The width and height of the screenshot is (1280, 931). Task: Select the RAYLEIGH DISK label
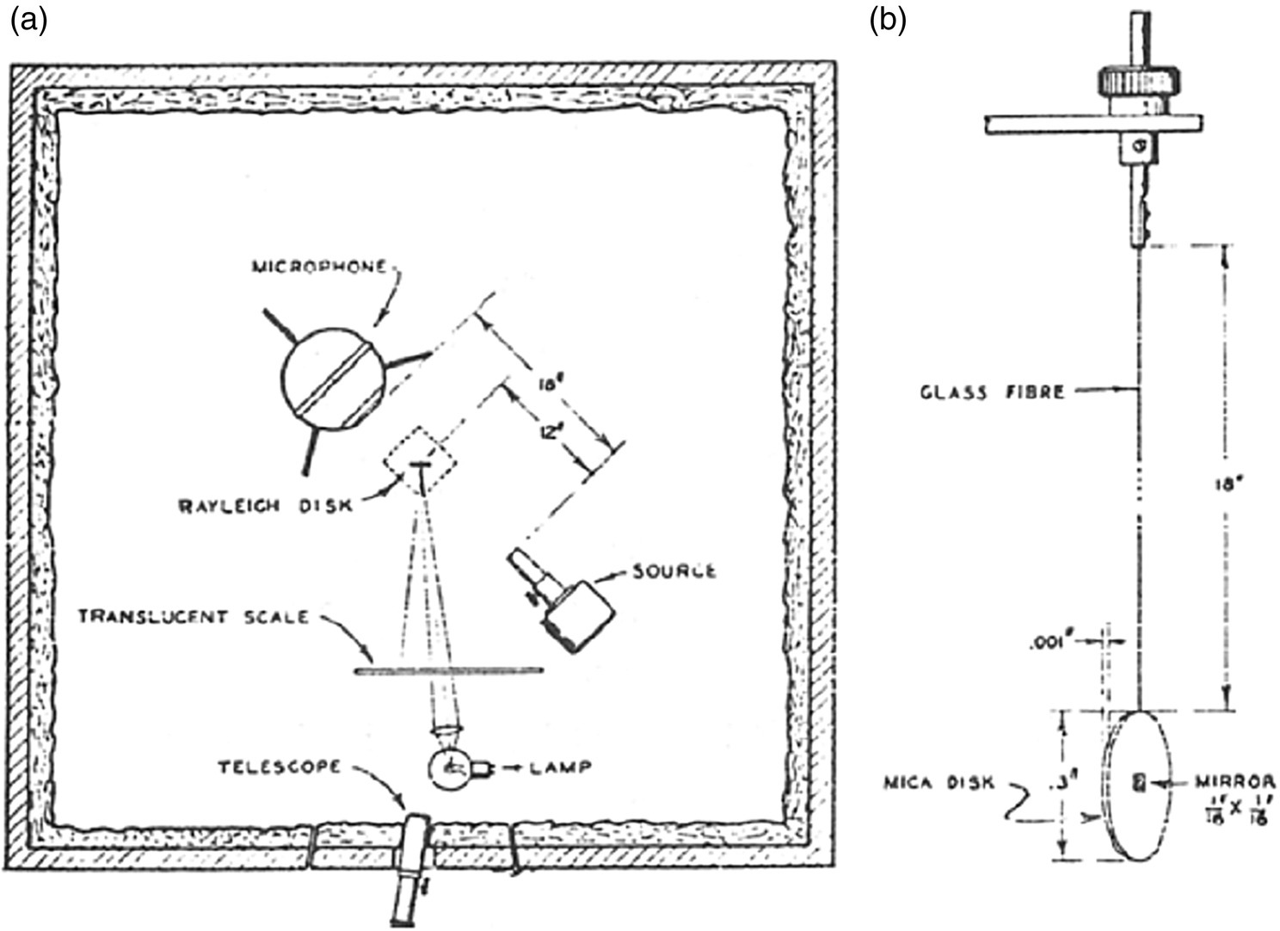(x=265, y=505)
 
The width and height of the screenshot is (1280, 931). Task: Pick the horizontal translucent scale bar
(x=448, y=669)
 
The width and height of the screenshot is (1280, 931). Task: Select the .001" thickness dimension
(x=1049, y=642)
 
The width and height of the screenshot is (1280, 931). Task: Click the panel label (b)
(x=888, y=21)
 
